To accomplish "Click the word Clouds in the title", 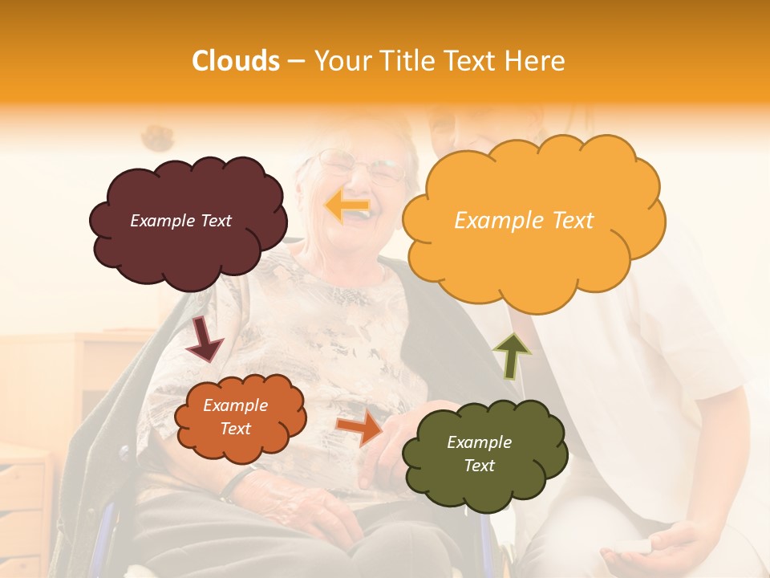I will [x=236, y=61].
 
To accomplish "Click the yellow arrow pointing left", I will [x=347, y=206].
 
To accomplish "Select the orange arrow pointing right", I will [x=359, y=428].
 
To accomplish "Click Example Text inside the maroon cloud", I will [x=180, y=221].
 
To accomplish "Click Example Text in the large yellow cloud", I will [x=524, y=221].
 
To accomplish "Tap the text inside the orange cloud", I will [x=236, y=417].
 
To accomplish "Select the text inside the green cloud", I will [x=479, y=454].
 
